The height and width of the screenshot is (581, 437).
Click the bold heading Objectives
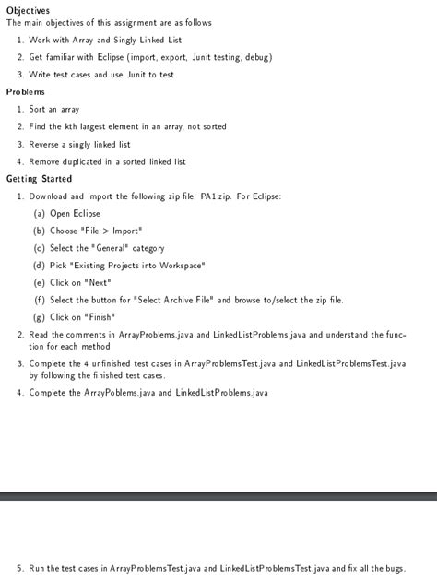[28, 10]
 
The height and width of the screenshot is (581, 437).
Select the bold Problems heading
[26, 92]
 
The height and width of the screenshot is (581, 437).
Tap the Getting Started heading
[39, 179]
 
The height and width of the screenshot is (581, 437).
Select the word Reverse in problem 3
[45, 144]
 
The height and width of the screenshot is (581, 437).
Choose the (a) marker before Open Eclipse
[40, 214]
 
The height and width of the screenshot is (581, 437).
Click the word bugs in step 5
[393, 568]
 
